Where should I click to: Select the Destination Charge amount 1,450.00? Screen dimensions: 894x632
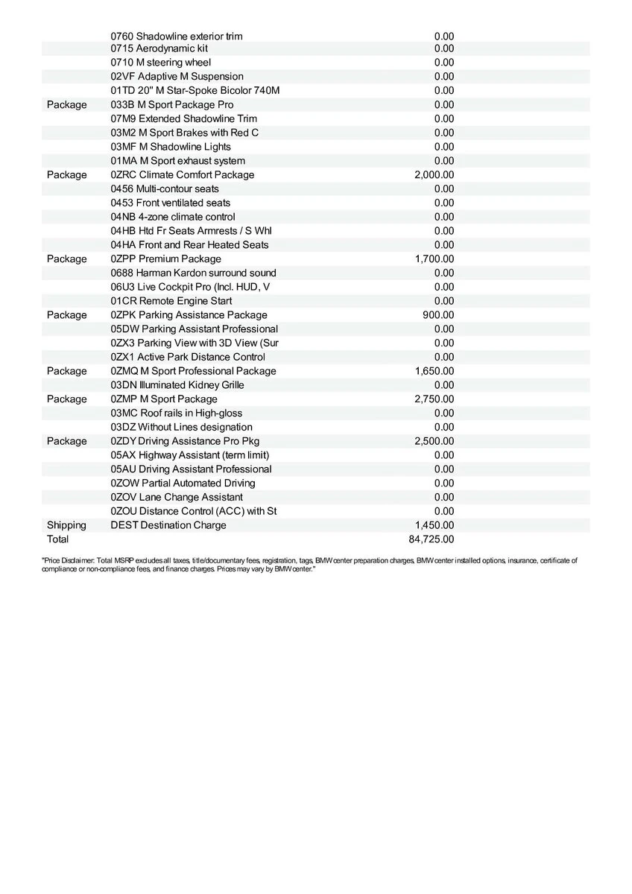pyautogui.click(x=434, y=525)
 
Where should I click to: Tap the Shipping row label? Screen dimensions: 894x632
pyautogui.click(x=66, y=525)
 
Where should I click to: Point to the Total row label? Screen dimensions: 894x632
pyautogui.click(x=57, y=539)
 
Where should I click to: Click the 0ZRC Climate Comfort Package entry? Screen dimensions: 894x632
pyautogui.click(x=182, y=175)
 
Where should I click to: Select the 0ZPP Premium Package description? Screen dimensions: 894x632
pyautogui.click(x=165, y=259)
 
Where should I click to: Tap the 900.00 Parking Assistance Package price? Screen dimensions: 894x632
pyautogui.click(x=438, y=315)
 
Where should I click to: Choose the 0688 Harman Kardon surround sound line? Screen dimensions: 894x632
pyautogui.click(x=193, y=273)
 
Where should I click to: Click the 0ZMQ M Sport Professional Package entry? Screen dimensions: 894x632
pyautogui.click(x=193, y=371)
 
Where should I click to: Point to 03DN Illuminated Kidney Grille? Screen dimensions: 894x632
pyautogui.click(x=177, y=385)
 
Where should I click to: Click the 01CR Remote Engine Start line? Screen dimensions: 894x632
pyautogui.click(x=171, y=301)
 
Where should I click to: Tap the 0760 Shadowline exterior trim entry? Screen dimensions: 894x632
pyautogui.click(x=176, y=36)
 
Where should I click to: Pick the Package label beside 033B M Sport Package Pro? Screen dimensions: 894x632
pyautogui.click(x=66, y=105)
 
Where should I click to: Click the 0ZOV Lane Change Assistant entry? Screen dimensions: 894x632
pyautogui.click(x=177, y=497)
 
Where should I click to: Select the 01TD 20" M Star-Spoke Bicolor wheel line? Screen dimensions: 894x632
pyautogui.click(x=195, y=91)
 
